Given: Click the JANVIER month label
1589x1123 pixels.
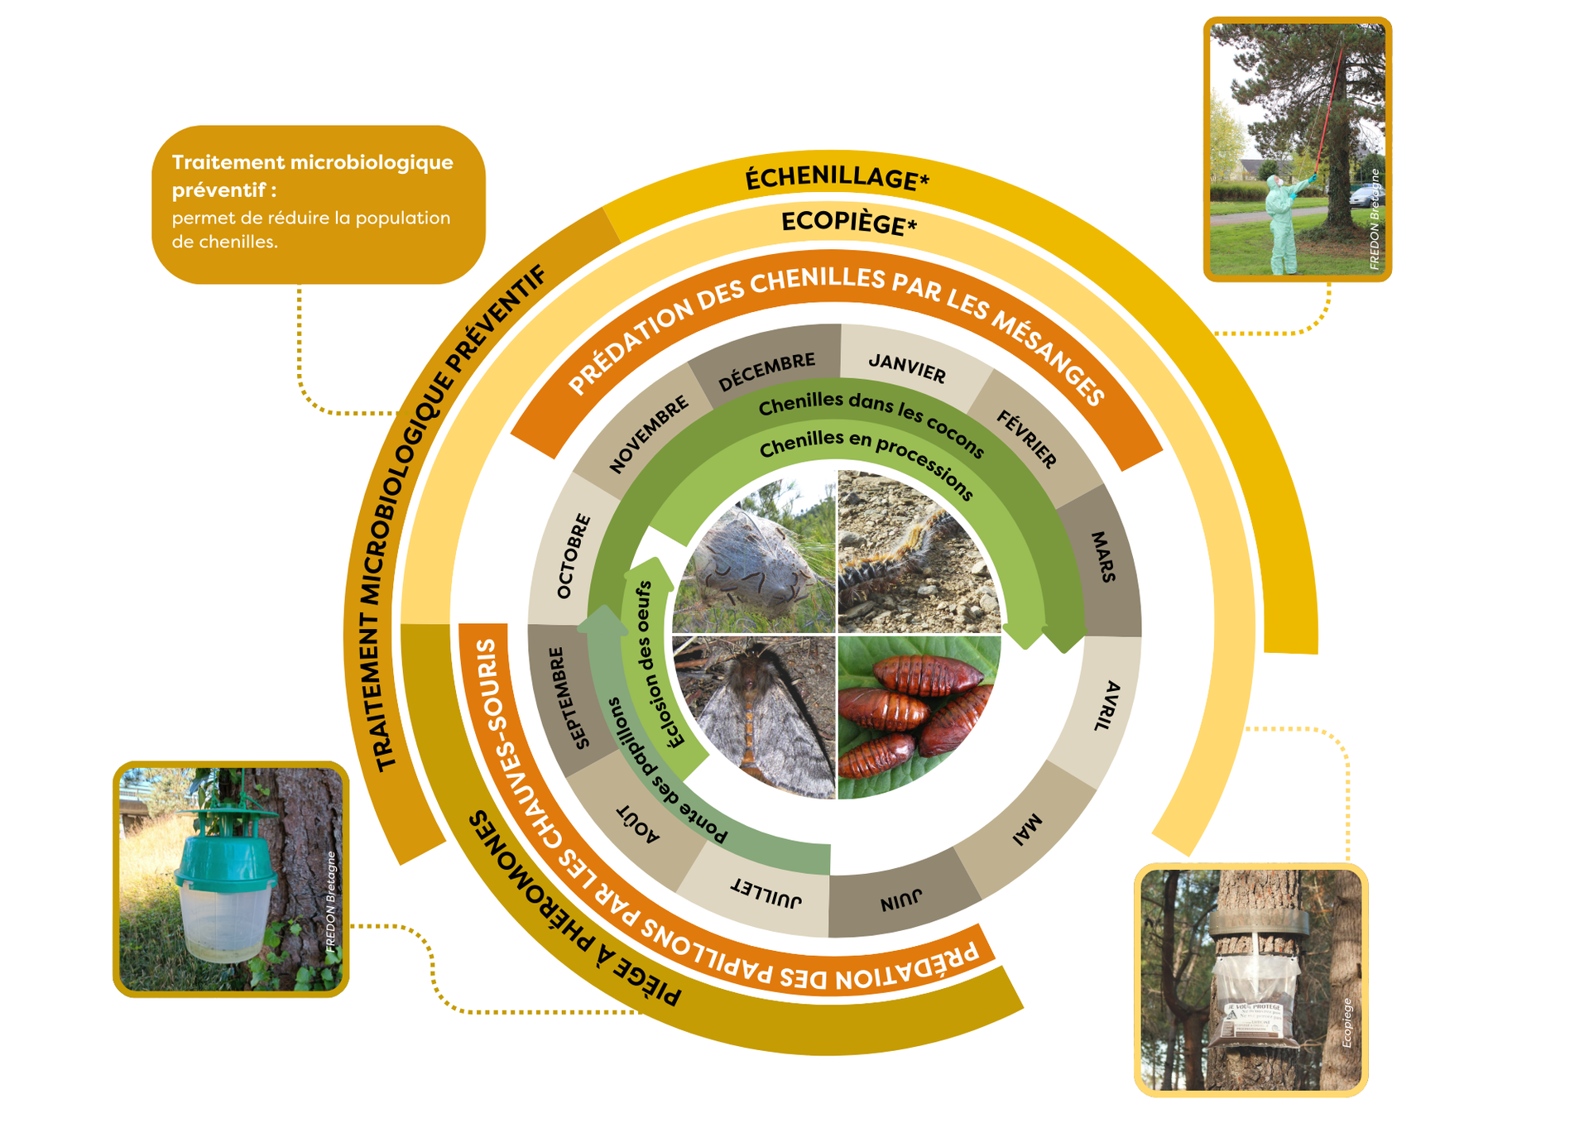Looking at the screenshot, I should click(x=907, y=367).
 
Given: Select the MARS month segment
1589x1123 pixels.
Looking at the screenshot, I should click(x=1103, y=557).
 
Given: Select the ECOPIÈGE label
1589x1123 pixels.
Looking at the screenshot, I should click(x=848, y=222).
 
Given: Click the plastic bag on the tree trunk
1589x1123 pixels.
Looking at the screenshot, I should click(x=1255, y=997).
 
